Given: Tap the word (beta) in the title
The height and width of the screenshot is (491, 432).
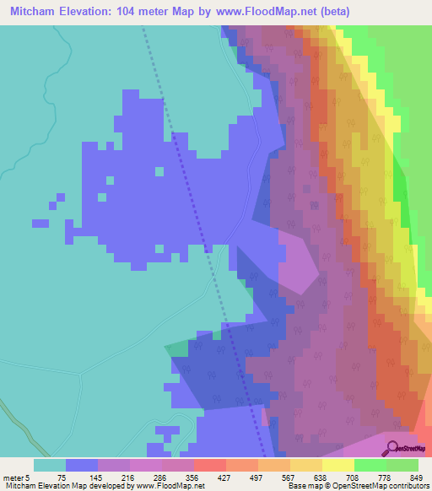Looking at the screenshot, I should tap(333, 12).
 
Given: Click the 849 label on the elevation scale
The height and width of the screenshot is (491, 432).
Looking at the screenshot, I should tap(409, 477).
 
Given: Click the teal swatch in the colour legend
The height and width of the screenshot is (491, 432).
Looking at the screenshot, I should tap(50, 465).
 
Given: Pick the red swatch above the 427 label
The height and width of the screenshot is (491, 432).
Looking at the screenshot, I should tap(209, 465).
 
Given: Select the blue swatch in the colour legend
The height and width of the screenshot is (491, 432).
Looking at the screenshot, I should tap(82, 465).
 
